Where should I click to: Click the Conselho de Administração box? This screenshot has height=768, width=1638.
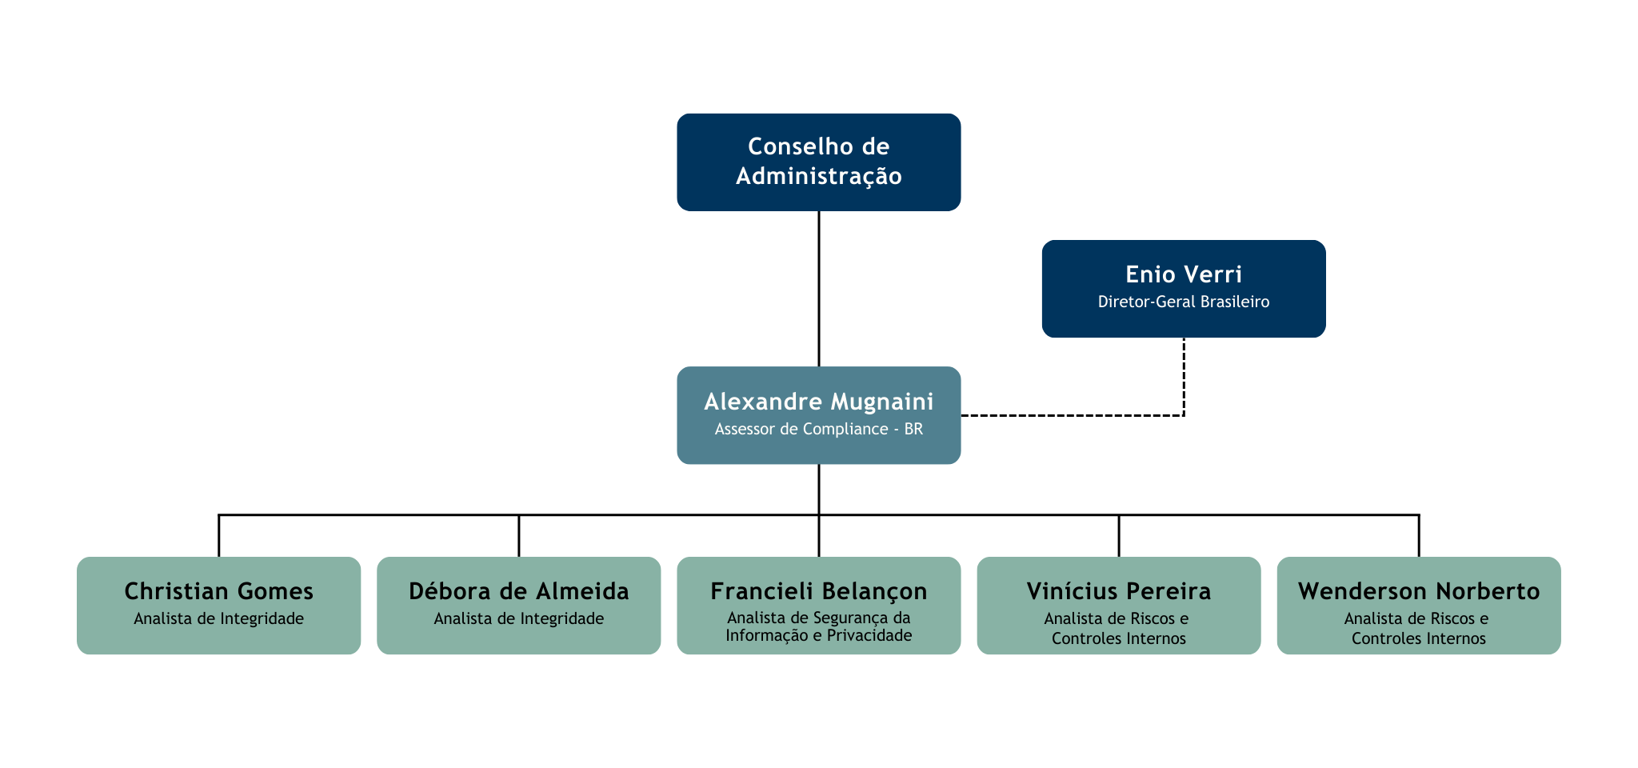click(818, 162)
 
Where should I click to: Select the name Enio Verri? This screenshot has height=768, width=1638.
click(1183, 274)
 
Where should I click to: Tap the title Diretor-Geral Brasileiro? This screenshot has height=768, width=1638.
click(1183, 302)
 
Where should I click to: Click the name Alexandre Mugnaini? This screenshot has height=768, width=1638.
click(818, 402)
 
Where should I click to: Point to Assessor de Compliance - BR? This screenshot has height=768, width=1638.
click(818, 429)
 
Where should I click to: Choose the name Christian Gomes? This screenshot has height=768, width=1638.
click(218, 591)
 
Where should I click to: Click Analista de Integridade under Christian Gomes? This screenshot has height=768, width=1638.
click(218, 618)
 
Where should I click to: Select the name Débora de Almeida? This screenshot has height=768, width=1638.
click(518, 591)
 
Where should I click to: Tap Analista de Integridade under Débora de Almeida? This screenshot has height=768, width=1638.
click(518, 618)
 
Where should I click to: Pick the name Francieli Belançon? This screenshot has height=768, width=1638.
click(818, 591)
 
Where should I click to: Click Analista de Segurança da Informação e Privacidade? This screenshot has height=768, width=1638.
click(818, 626)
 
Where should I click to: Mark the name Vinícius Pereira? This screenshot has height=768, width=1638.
click(1118, 591)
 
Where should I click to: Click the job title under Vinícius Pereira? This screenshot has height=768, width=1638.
click(1118, 628)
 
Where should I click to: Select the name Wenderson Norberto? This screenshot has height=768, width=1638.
click(1418, 591)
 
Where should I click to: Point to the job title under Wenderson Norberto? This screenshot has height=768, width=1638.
click(1418, 628)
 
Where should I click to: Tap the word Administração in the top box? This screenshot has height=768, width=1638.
click(818, 176)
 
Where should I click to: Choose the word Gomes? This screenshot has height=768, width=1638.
click(274, 591)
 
